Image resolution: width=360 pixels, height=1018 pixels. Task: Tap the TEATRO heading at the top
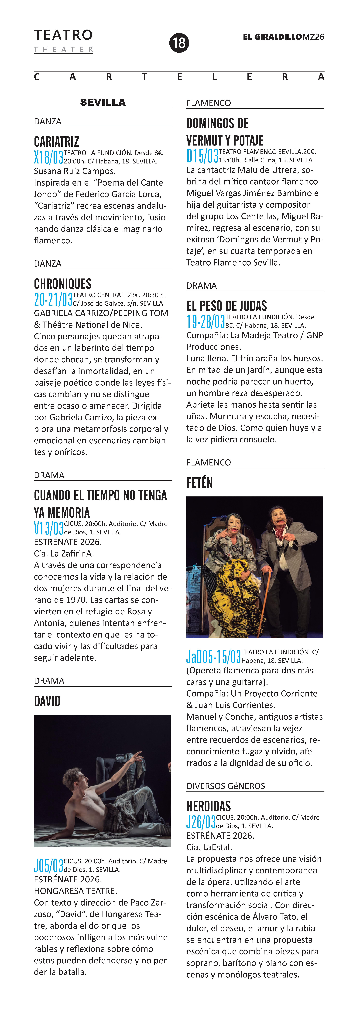[63, 35]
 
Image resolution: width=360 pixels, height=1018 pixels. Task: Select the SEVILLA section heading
[103, 102]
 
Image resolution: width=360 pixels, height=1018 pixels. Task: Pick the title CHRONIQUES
[62, 284]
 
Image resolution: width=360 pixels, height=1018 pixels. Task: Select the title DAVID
[47, 701]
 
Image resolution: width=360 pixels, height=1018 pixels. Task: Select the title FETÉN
[200, 482]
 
